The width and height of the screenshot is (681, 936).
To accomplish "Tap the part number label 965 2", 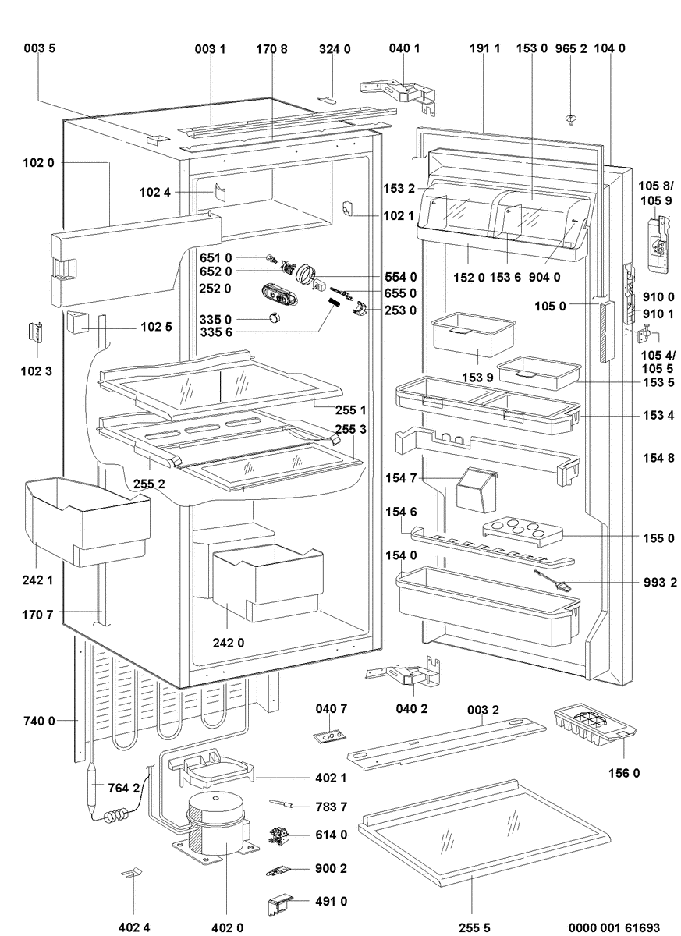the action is click(571, 48).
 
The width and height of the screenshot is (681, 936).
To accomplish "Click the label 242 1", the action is click(37, 580).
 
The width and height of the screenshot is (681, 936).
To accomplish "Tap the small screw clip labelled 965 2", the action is click(571, 119).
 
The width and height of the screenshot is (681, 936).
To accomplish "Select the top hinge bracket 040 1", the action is click(399, 95).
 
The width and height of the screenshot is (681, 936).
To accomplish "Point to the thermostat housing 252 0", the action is click(280, 292).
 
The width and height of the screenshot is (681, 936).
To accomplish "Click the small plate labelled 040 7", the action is click(330, 736).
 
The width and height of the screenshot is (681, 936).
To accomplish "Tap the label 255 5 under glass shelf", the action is click(474, 927).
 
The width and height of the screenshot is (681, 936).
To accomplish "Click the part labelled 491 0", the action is click(280, 905).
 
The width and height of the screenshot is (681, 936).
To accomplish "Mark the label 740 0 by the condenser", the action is click(39, 721).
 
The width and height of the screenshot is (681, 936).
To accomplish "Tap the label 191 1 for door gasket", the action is click(484, 48).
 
